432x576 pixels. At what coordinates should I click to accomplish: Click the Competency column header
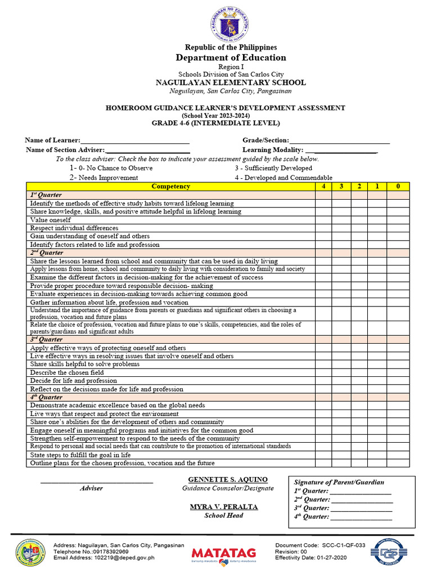pyautogui.click(x=171, y=186)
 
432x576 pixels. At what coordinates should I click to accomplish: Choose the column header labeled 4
pyautogui.click(x=323, y=186)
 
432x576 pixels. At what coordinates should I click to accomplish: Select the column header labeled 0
pyautogui.click(x=398, y=186)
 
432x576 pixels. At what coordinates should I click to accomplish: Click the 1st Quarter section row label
pyautogui.click(x=46, y=195)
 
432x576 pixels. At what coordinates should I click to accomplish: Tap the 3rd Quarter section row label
pyautogui.click(x=46, y=340)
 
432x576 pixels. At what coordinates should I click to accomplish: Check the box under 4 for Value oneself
pyautogui.click(x=323, y=220)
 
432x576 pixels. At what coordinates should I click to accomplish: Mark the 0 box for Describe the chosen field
pyautogui.click(x=398, y=372)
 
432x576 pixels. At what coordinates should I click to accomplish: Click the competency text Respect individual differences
pyautogui.click(x=74, y=228)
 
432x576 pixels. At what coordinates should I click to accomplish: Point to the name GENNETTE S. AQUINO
pyautogui.click(x=227, y=479)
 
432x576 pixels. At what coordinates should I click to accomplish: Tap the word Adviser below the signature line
pyautogui.click(x=91, y=488)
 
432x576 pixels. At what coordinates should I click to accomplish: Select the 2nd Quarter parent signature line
pyautogui.click(x=361, y=500)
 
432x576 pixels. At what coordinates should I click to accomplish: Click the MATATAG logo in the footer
pyautogui.click(x=224, y=553)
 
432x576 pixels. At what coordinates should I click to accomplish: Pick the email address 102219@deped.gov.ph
pyautogui.click(x=129, y=558)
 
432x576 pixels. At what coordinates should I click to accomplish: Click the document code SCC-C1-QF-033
pyautogui.click(x=343, y=546)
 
